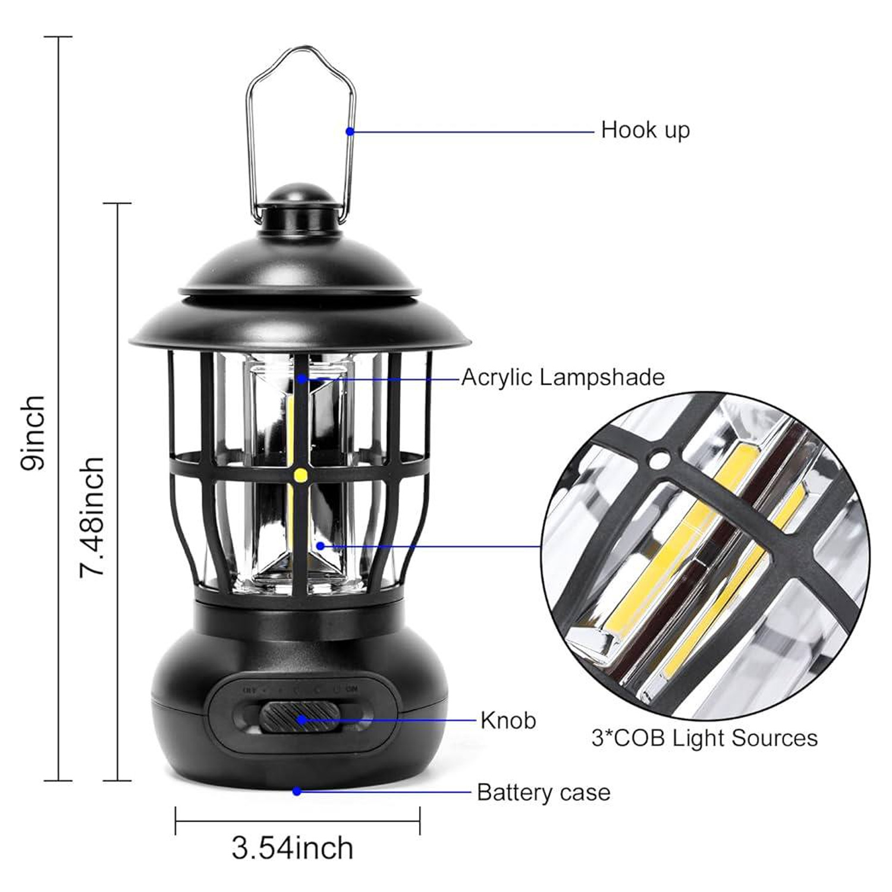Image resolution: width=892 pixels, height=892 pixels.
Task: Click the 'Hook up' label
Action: click(x=645, y=130)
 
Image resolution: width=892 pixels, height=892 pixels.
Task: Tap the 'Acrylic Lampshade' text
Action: click(x=563, y=378)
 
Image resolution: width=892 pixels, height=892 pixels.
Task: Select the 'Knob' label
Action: click(x=508, y=720)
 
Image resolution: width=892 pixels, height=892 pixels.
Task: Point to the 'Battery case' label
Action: click(x=544, y=793)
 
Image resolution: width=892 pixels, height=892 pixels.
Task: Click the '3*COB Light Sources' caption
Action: click(x=705, y=738)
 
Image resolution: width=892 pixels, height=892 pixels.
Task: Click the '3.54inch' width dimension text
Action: click(x=293, y=848)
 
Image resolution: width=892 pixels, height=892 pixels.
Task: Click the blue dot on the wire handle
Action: click(x=350, y=131)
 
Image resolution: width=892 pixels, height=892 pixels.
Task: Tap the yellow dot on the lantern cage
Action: click(x=300, y=475)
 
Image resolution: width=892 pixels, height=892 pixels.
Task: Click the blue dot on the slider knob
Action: click(x=301, y=720)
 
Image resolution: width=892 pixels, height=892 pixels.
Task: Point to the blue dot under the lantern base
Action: click(x=297, y=792)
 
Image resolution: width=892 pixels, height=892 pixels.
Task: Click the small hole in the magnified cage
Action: click(x=658, y=459)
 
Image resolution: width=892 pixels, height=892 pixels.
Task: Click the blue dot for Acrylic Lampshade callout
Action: click(x=302, y=378)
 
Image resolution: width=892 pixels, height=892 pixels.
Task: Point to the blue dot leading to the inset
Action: click(x=321, y=545)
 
